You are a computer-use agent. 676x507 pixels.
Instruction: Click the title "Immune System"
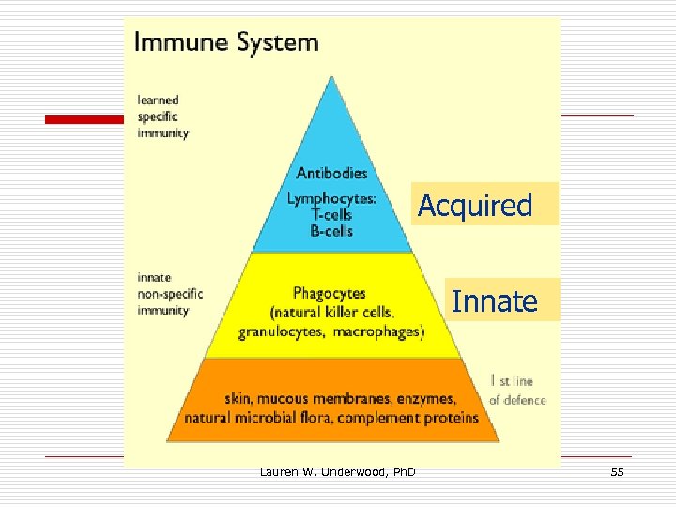click(x=226, y=42)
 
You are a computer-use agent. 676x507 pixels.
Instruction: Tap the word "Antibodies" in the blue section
click(x=331, y=173)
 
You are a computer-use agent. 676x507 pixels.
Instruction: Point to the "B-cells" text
click(x=331, y=230)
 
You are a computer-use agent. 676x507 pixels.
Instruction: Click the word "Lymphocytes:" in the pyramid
click(x=331, y=198)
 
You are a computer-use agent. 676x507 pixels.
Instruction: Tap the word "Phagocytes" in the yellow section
click(x=329, y=294)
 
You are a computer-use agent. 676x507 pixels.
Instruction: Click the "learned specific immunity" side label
click(x=162, y=116)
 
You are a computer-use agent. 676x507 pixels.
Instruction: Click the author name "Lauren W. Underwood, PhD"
click(x=337, y=471)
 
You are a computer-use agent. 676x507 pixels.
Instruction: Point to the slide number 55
click(x=617, y=471)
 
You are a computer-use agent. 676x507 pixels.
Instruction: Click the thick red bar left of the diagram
click(x=85, y=119)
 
